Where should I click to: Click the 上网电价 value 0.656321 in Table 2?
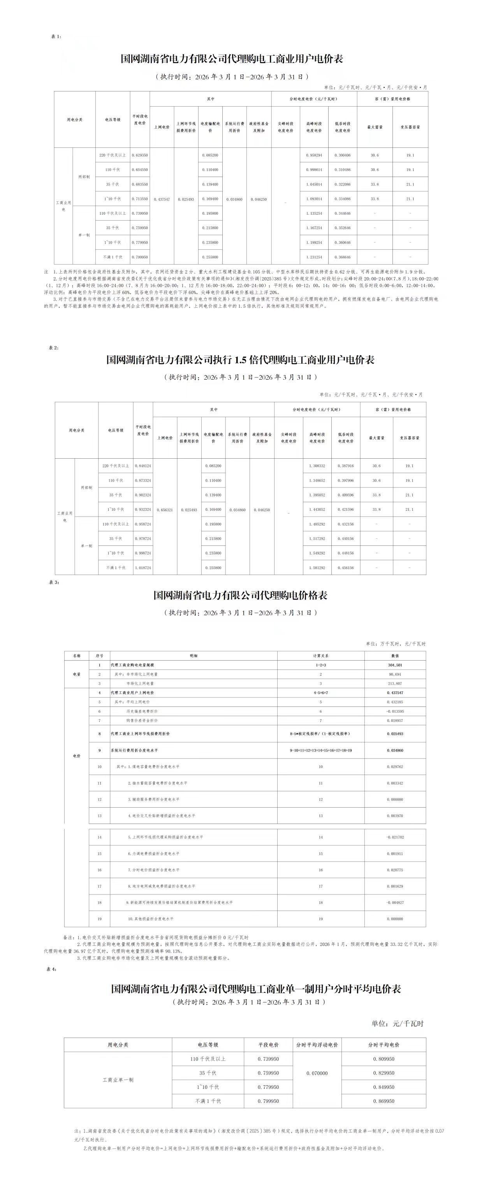[165, 510]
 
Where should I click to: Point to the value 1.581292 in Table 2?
[317, 568]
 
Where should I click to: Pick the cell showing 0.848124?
[143, 466]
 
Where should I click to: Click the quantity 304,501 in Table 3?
[395, 665]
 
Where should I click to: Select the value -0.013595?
[395, 711]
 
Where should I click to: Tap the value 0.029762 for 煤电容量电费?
[395, 767]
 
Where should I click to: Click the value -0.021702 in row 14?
[395, 837]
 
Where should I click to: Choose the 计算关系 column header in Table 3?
[321, 656]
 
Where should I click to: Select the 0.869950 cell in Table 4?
[384, 1101]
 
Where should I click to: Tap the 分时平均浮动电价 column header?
[317, 1045]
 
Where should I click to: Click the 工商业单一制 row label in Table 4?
[118, 1080]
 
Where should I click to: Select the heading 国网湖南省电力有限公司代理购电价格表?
[240, 595]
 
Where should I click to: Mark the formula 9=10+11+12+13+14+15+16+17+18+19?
[321, 750]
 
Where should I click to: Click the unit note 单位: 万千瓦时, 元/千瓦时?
[396, 643]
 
